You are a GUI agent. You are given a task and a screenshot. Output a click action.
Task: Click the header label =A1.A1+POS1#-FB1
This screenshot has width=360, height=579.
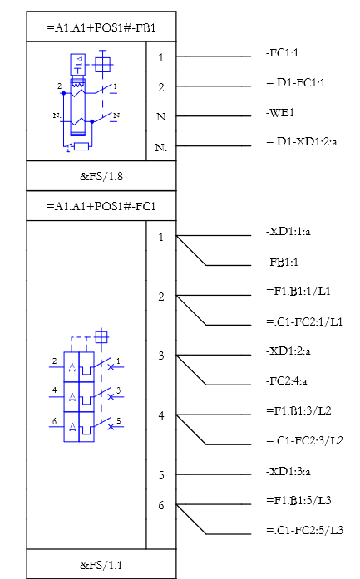point(101,27)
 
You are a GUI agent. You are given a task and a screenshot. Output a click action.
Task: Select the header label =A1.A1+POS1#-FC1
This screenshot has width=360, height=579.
point(101,206)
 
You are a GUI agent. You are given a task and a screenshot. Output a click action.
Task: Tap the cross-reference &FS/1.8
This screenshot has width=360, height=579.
point(101,176)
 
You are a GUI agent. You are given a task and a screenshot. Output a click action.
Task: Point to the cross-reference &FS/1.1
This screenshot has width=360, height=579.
point(101,565)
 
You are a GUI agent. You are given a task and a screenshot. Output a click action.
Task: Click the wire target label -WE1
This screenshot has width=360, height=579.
point(280,113)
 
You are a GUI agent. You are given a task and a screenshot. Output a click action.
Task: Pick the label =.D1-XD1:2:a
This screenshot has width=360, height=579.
point(302,141)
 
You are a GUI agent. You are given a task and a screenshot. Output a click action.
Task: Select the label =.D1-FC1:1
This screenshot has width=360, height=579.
point(296,82)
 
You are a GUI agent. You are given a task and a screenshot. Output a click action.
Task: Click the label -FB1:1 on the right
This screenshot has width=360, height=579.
point(282,262)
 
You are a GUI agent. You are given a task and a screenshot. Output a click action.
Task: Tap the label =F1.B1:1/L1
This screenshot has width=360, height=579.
point(298,291)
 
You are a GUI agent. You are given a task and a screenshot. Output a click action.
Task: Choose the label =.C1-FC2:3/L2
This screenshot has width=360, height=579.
point(304,440)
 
